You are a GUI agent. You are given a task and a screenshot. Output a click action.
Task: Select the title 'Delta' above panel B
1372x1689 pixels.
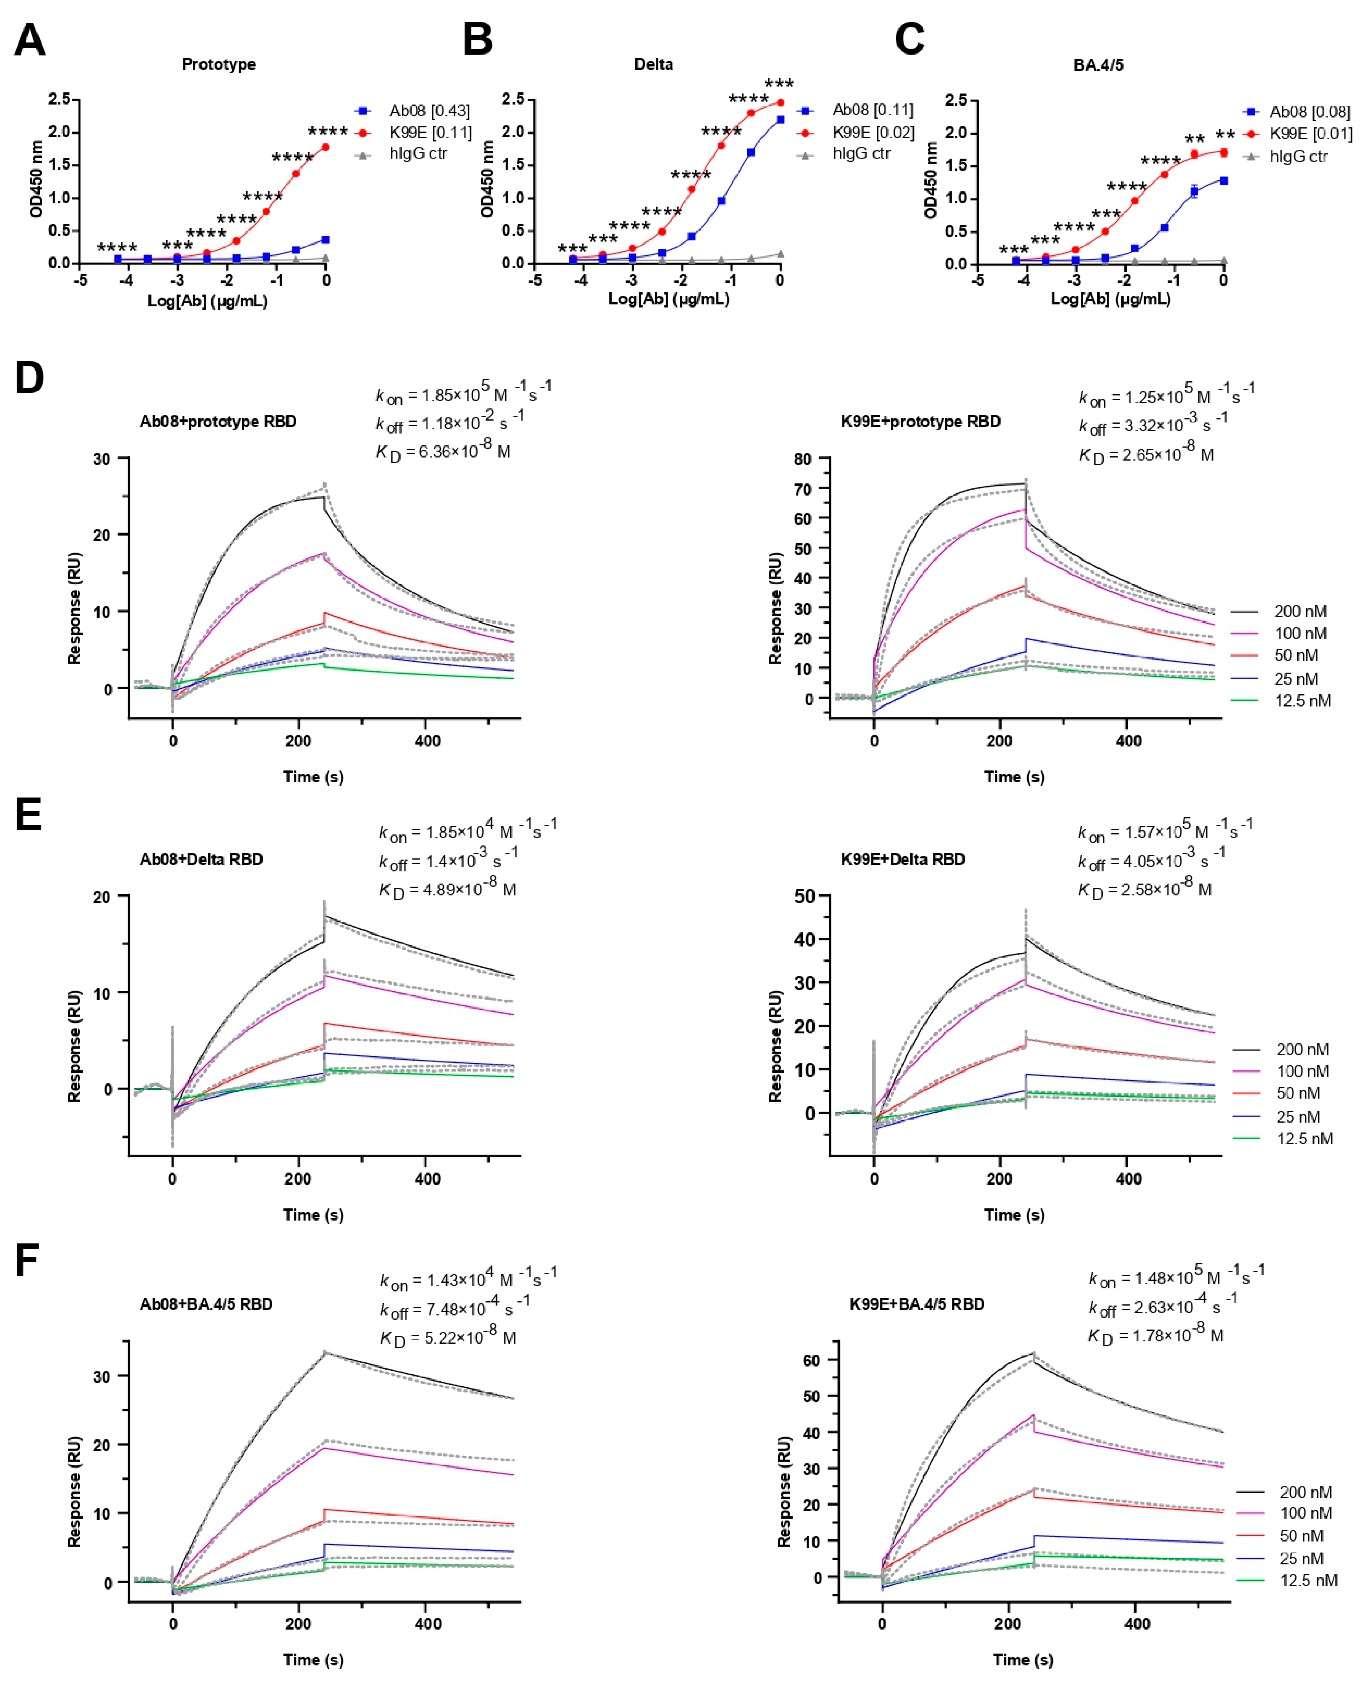click(x=654, y=64)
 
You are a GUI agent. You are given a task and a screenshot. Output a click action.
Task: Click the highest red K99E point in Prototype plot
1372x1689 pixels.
click(x=325, y=147)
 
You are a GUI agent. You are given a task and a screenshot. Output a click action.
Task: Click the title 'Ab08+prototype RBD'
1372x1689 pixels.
click(x=218, y=421)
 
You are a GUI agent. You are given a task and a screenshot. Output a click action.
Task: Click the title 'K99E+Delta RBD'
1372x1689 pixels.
click(x=902, y=859)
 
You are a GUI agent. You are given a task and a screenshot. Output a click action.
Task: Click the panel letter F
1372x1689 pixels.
click(x=27, y=1261)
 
